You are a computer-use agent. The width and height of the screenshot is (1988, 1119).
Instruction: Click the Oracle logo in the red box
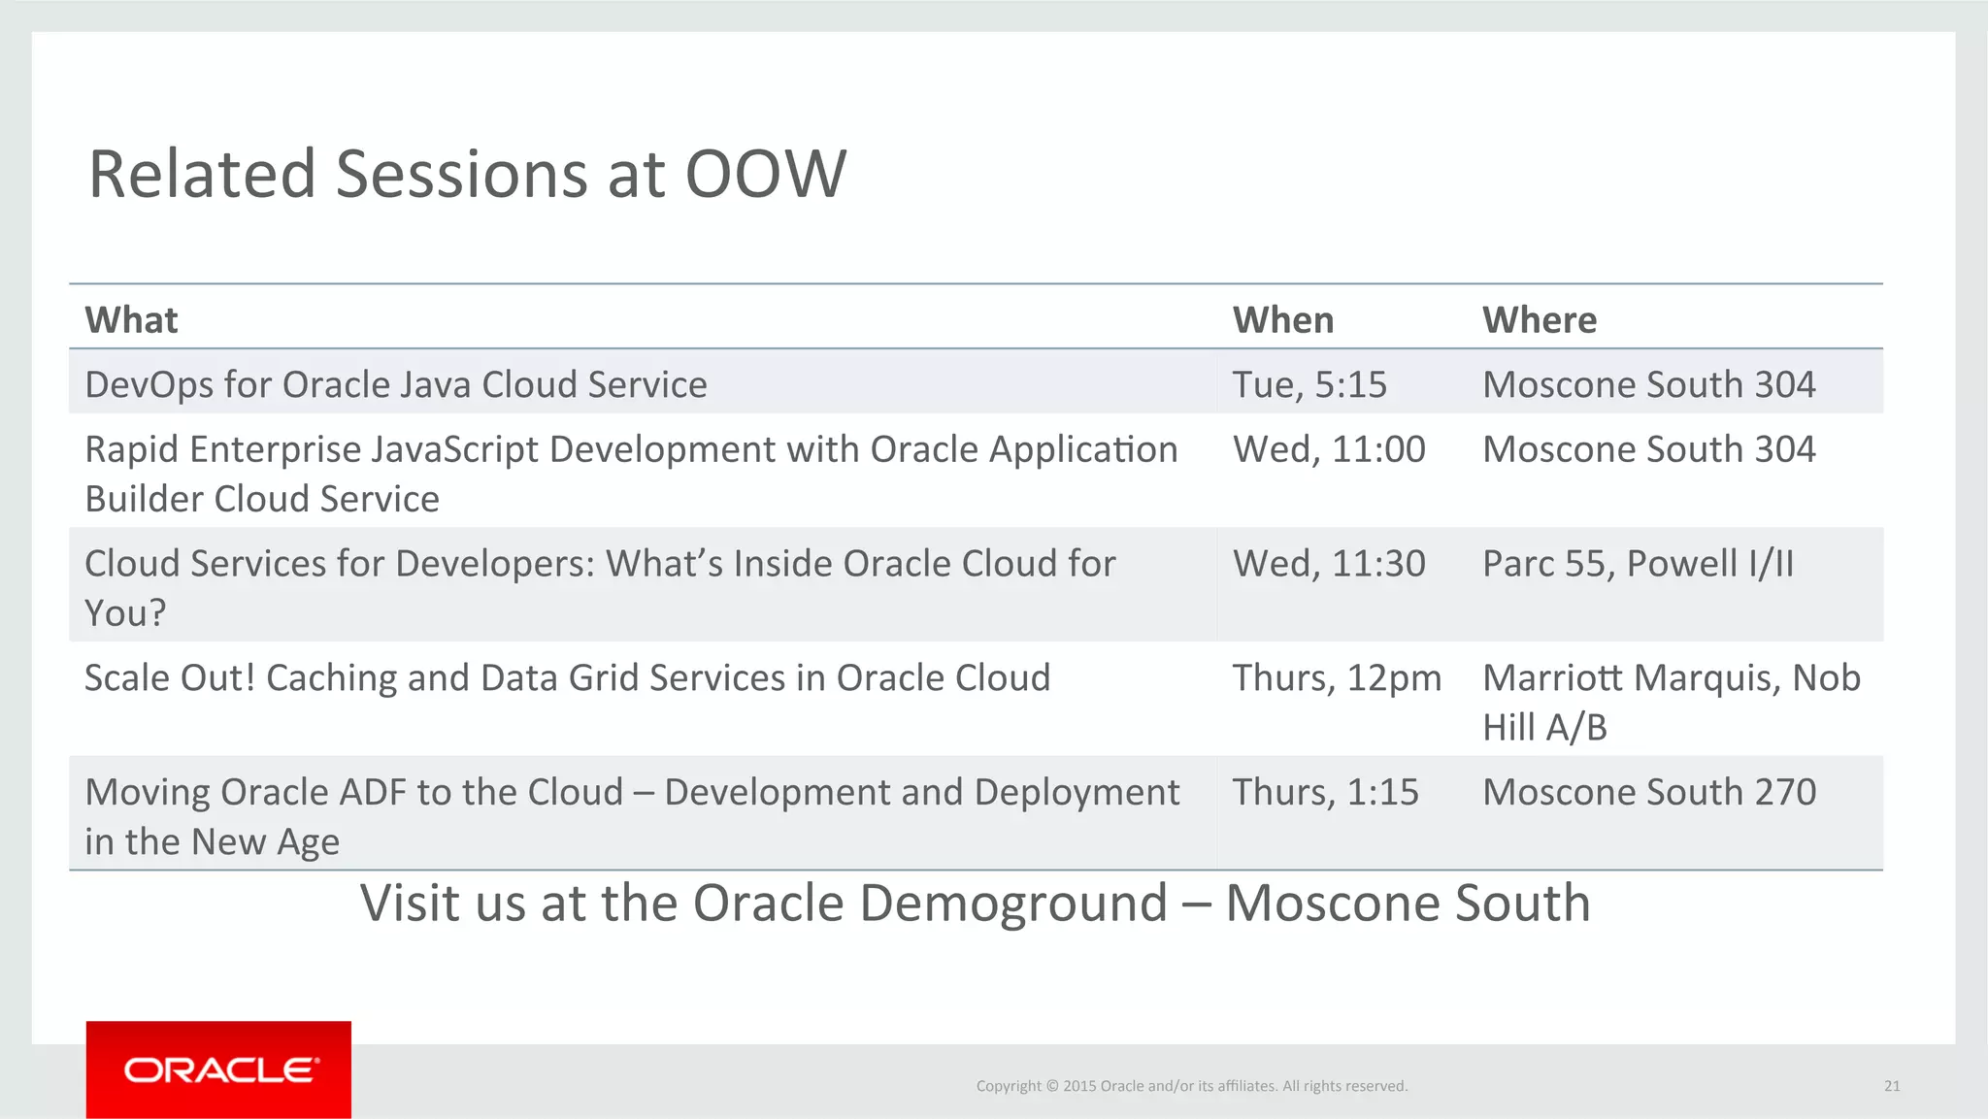pos(220,1070)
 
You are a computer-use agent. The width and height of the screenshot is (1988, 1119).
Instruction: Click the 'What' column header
pos(131,320)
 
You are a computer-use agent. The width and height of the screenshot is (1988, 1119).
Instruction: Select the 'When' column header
pos(1282,320)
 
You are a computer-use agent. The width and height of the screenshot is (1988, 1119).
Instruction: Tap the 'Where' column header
pos(1539,320)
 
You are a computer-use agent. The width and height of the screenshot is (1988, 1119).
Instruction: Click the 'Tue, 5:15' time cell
pos(1309,385)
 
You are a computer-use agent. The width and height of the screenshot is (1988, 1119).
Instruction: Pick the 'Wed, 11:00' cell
pos(1328,449)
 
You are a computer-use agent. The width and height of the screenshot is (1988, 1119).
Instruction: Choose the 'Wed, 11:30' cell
pos(1328,564)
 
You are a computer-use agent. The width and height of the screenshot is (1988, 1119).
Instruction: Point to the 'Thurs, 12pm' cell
pos(1336,678)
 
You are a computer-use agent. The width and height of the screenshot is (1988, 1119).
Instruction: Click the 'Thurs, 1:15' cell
pos(1325,793)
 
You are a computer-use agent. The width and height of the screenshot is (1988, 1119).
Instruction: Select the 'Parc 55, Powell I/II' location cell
pos(1638,564)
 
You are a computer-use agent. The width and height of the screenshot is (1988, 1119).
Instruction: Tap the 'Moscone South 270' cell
pos(1648,793)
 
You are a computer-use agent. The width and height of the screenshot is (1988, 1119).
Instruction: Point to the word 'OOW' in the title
pos(765,175)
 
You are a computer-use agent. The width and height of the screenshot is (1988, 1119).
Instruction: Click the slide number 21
pos(1891,1086)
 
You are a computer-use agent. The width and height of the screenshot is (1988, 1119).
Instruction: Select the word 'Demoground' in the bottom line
pos(1012,904)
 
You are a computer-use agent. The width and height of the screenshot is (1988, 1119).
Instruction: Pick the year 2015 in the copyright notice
pos(1078,1086)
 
